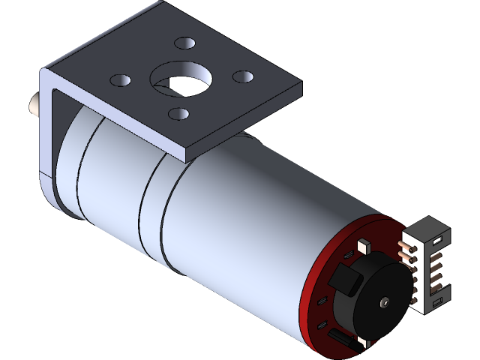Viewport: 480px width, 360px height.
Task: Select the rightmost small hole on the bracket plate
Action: pos(243,76)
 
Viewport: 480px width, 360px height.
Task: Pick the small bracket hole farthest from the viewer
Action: pos(183,43)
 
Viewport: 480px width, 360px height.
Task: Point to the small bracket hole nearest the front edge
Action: pos(178,113)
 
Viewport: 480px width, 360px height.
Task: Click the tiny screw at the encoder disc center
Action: pos(385,302)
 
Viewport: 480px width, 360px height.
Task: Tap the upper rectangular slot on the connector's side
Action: pos(440,240)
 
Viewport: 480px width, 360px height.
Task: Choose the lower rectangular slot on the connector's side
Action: pos(437,302)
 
